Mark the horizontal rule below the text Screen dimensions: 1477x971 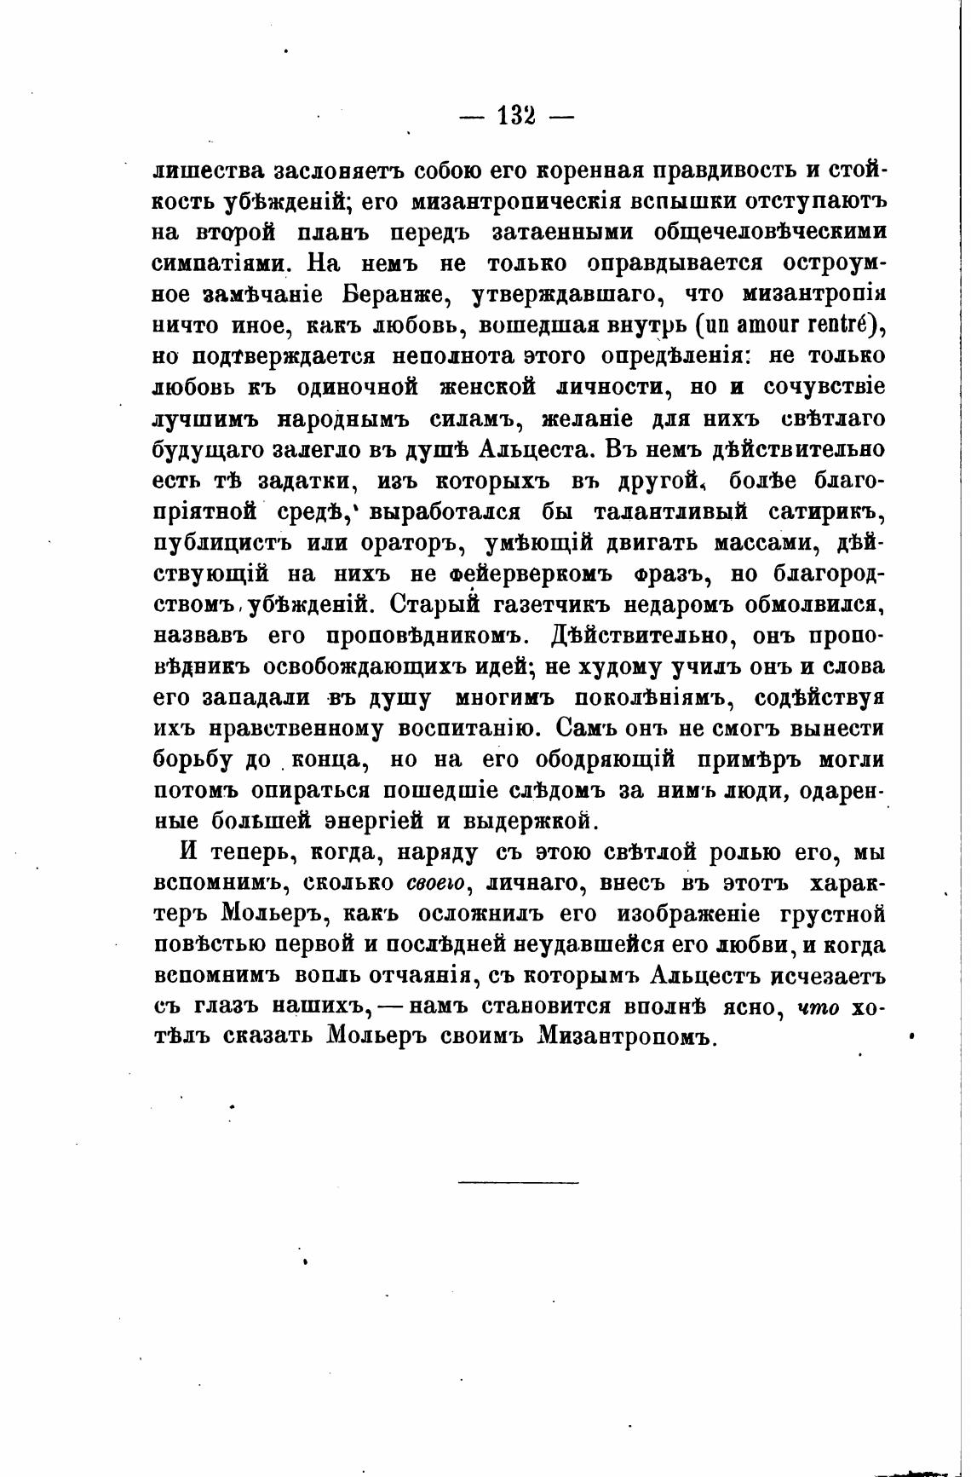coord(518,1181)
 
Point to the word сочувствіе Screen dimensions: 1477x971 coord(824,388)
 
